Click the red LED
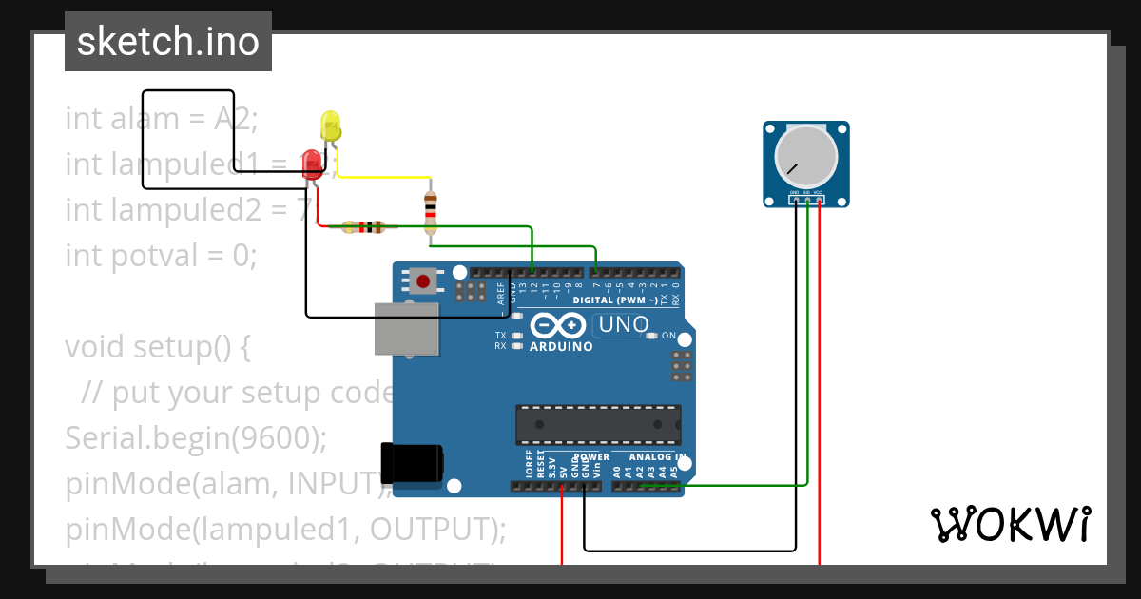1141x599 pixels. click(312, 164)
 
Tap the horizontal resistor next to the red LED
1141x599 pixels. click(363, 227)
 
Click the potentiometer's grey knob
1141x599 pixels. click(805, 156)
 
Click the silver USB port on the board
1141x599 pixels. click(407, 330)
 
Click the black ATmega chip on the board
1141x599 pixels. click(598, 425)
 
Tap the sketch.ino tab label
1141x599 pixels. click(168, 42)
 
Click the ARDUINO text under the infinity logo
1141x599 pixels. click(561, 347)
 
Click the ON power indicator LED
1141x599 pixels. click(651, 336)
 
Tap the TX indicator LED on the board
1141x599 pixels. click(517, 336)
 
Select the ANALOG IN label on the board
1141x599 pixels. click(657, 457)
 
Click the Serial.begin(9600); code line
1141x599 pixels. click(196, 437)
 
